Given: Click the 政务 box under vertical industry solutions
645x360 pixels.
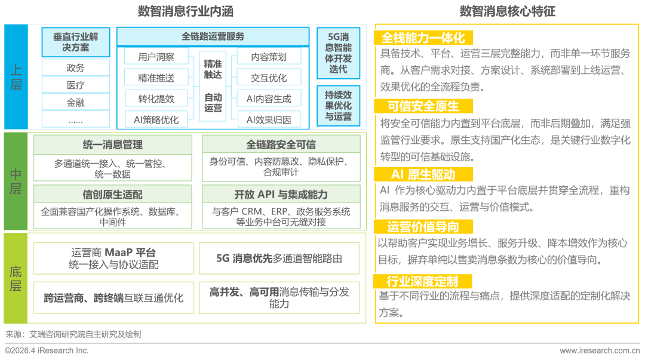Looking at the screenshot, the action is click(x=76, y=68).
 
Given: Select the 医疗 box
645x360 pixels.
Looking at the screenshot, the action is click(x=76, y=85).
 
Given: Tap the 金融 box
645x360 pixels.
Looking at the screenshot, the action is click(x=76, y=103).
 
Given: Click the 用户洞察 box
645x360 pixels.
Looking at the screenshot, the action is click(x=156, y=57).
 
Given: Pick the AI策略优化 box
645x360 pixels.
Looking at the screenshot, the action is click(x=156, y=120).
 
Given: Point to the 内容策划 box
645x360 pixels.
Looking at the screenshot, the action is click(x=269, y=57).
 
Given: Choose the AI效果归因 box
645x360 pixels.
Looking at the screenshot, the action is click(x=269, y=120).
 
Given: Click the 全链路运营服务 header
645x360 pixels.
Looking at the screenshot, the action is click(x=213, y=36).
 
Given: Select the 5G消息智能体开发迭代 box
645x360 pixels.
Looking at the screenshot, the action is click(x=338, y=53).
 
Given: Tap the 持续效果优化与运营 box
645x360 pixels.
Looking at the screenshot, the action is click(x=338, y=106).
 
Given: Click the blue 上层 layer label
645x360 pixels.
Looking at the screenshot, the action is click(x=16, y=77).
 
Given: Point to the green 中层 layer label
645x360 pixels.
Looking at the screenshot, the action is click(x=16, y=181).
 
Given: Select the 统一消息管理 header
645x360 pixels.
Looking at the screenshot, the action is click(x=113, y=145).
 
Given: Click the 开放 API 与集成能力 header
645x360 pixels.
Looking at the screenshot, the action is click(x=281, y=194).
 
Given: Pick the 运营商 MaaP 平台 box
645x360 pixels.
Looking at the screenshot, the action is click(x=113, y=259).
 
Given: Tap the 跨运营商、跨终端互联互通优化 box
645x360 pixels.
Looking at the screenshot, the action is click(x=113, y=298).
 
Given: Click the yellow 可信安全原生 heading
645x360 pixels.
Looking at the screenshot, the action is click(x=423, y=106).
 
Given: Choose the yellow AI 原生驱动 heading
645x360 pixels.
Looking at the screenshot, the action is click(x=423, y=174).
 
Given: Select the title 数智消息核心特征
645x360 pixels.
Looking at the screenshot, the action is click(x=507, y=11).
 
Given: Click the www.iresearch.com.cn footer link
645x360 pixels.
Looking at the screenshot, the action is click(x=600, y=350).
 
